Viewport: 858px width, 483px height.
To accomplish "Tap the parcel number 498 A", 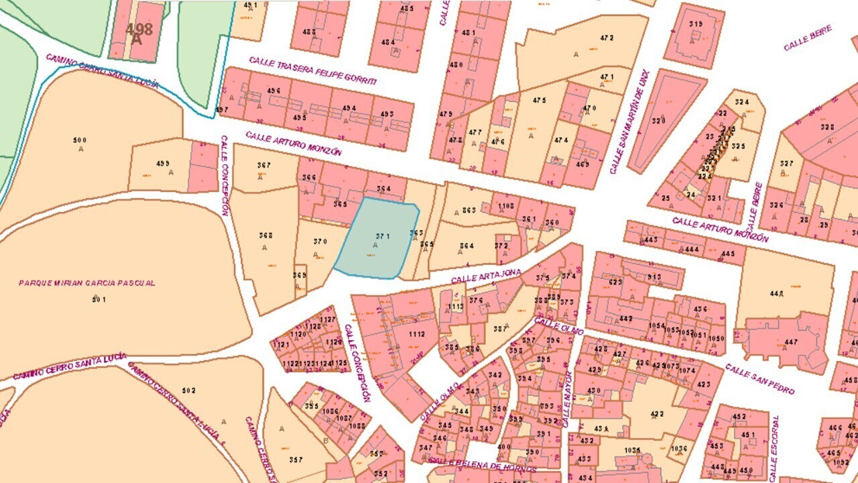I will click(x=139, y=32).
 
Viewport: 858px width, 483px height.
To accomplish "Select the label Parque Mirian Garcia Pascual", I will click(x=87, y=283).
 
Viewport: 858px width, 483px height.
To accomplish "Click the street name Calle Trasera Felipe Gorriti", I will click(x=312, y=70).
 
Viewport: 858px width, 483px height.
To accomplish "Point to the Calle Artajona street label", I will click(x=486, y=276).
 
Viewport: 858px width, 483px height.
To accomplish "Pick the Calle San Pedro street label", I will click(x=759, y=378).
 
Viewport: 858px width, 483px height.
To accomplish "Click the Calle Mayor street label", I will click(x=566, y=399).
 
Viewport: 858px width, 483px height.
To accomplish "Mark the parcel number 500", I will click(x=80, y=140).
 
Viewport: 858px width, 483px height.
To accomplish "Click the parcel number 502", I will click(x=189, y=390).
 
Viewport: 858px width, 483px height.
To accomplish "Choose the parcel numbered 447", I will click(x=791, y=342).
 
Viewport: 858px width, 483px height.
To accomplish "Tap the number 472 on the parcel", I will click(x=607, y=38).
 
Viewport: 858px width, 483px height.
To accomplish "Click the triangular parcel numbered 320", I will click(x=659, y=121).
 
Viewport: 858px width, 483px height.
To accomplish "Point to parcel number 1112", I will click(x=416, y=334).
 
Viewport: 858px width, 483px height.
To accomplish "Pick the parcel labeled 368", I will click(x=265, y=235).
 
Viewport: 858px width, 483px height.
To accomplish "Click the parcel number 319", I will click(x=696, y=25).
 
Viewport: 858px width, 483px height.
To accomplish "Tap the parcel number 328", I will click(x=828, y=127).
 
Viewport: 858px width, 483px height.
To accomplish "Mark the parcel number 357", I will click(x=295, y=460).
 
